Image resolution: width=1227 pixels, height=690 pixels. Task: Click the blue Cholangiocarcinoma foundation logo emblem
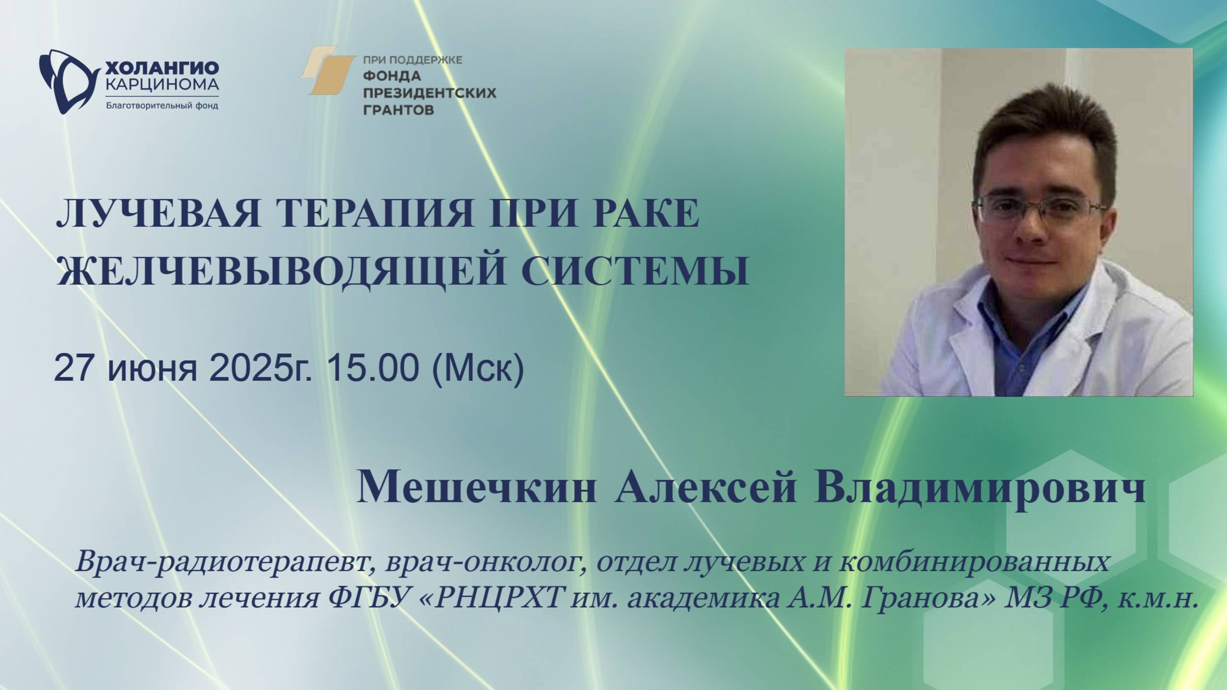click(x=67, y=81)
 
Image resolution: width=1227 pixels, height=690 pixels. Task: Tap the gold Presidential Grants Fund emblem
click(x=327, y=70)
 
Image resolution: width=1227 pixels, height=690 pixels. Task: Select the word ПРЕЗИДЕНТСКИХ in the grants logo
click(x=429, y=93)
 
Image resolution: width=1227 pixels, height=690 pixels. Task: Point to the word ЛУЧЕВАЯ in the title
click(x=158, y=213)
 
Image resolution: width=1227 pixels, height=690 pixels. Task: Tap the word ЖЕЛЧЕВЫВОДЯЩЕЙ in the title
click(x=281, y=271)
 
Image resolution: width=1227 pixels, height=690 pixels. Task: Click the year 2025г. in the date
click(x=261, y=368)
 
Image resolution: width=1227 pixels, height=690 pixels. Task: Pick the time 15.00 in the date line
click(x=373, y=368)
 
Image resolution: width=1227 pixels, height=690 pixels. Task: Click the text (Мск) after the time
click(x=478, y=369)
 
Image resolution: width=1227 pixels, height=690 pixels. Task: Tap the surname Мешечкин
click(x=476, y=487)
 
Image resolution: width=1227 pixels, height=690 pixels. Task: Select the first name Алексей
click(x=705, y=487)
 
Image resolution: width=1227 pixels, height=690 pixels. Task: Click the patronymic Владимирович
click(x=980, y=487)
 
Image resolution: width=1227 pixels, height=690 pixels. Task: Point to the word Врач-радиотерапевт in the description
click(x=222, y=562)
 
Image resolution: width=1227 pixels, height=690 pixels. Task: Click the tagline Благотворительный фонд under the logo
click(x=162, y=106)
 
